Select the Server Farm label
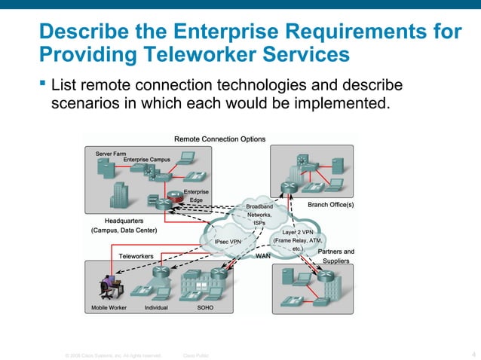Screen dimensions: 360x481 coord(110,153)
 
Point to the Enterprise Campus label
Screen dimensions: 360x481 coord(147,160)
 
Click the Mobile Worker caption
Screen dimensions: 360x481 coord(109,308)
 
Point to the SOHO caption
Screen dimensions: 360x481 coord(204,308)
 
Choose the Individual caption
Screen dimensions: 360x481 coord(156,308)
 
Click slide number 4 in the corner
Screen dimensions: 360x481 coord(472,354)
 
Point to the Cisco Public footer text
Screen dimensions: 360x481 coord(196,355)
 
